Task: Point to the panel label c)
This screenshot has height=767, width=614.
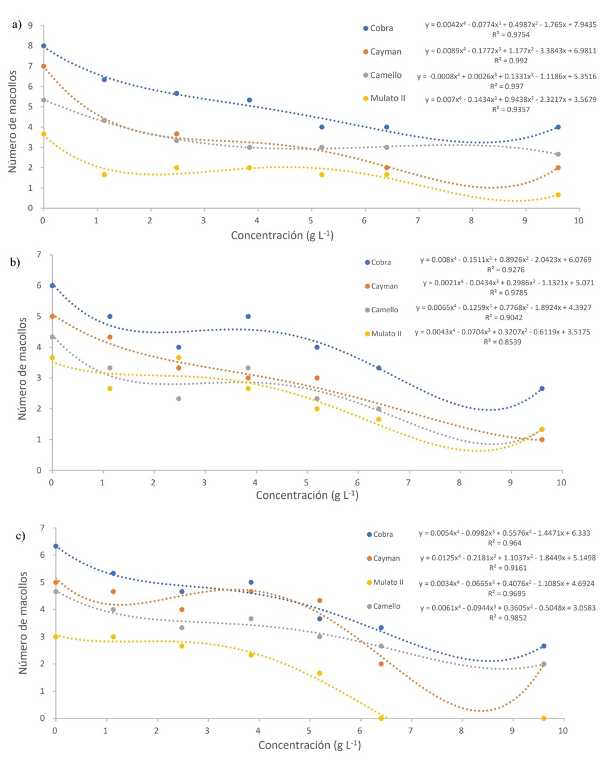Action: (x=20, y=536)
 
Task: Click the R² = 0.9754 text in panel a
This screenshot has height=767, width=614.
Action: (x=511, y=35)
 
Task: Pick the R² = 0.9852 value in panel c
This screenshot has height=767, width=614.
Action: (x=507, y=618)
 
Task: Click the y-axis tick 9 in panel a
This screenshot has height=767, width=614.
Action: (x=29, y=26)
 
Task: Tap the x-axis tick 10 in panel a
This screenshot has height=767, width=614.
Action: (x=578, y=220)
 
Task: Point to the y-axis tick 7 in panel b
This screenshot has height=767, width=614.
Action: (x=39, y=255)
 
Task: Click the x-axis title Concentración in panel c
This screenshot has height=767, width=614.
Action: (x=309, y=745)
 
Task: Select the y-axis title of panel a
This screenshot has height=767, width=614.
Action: (x=13, y=117)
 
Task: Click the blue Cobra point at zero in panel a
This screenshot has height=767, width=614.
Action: (x=44, y=46)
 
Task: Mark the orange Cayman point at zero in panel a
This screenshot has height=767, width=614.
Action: (x=44, y=66)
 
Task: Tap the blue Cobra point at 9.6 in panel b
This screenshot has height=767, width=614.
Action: (x=542, y=388)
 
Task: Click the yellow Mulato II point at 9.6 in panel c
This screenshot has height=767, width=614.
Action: (x=544, y=718)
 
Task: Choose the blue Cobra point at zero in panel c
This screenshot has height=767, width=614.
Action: (x=56, y=546)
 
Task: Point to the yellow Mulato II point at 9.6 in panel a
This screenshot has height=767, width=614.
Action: (x=558, y=195)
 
